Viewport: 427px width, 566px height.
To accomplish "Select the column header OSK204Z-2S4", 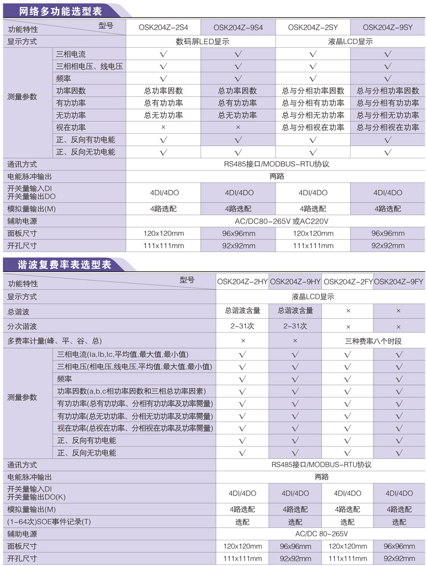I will click(163, 27).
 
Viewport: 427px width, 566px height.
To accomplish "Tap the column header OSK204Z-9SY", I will click(387, 27).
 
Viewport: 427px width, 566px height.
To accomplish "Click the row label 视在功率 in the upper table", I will click(71, 128).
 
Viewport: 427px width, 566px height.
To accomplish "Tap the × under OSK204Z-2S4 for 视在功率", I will click(163, 128).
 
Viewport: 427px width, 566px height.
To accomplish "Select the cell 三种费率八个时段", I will click(373, 341).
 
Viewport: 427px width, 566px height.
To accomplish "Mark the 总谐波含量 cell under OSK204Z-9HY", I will click(295, 311).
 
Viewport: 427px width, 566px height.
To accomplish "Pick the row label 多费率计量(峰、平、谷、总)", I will click(54, 341).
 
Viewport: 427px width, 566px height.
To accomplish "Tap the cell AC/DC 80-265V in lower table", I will click(321, 534).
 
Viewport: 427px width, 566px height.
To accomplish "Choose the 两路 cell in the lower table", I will click(321, 477).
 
